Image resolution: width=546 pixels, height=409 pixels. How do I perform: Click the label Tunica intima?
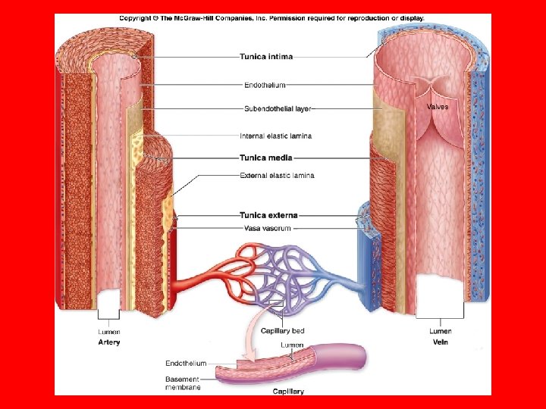266,55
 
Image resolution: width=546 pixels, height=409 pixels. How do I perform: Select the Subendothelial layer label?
278,108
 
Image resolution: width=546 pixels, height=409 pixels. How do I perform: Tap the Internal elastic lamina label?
275,136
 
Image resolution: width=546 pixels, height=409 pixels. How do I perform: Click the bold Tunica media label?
265,158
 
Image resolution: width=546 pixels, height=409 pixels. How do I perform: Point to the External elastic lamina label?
277,176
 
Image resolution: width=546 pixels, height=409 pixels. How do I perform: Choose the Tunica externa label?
268,215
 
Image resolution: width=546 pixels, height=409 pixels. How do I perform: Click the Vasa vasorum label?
267,227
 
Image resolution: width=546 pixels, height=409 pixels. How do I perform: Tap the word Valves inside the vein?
438,107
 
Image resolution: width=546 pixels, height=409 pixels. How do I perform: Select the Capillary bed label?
282,330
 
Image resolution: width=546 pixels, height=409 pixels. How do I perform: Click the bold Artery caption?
109,342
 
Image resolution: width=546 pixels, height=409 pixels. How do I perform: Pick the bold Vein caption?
440,342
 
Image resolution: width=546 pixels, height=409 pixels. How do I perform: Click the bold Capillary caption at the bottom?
288,392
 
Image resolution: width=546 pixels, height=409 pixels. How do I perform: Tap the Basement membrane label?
182,383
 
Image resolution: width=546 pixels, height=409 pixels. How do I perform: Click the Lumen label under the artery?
109,332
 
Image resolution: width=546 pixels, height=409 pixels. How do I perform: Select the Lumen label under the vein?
440,332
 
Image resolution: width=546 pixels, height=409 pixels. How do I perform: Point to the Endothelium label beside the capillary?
186,364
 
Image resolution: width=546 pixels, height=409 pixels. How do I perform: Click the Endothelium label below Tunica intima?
265,85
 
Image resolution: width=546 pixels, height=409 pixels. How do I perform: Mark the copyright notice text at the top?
271,18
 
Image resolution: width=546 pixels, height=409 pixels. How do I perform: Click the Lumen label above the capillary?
293,345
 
